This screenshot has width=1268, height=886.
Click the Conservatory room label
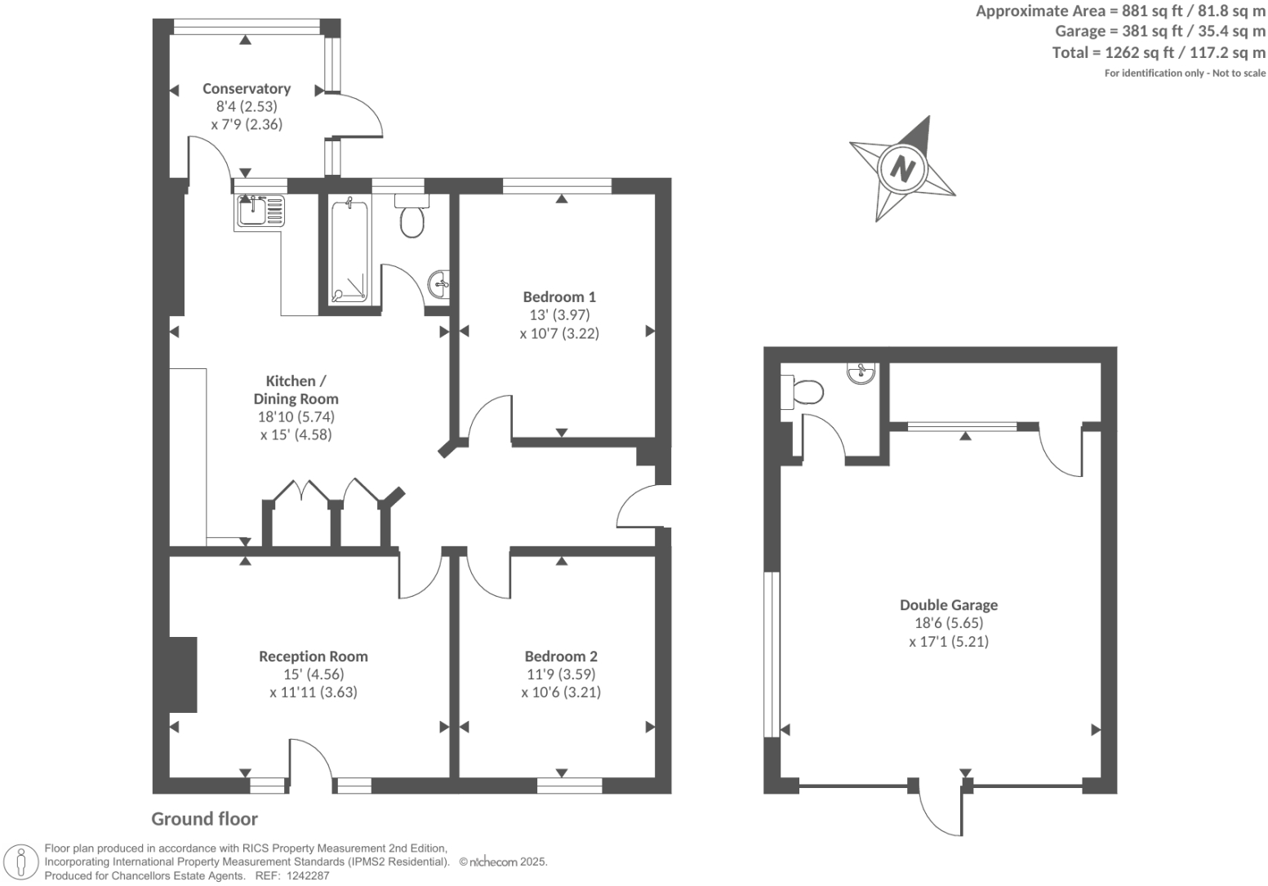(247, 88)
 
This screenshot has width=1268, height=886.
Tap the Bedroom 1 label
(559, 296)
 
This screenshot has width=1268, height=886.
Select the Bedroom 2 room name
(561, 656)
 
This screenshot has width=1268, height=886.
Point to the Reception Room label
(313, 656)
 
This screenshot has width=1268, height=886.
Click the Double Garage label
(948, 605)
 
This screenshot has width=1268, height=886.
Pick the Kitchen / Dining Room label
(296, 390)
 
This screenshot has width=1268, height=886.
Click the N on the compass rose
(902, 168)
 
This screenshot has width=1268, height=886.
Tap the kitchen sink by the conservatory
(259, 211)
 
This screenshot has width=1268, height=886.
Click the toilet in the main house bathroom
(412, 217)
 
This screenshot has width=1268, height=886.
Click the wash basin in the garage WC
(861, 374)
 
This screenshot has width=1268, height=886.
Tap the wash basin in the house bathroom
(438, 284)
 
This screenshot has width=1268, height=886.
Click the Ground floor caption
(204, 819)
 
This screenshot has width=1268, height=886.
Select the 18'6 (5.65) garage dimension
(948, 623)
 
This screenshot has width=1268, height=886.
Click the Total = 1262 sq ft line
(1159, 53)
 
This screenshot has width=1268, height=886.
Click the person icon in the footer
(21, 862)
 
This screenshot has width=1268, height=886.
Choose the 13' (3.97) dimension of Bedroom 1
(559, 314)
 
